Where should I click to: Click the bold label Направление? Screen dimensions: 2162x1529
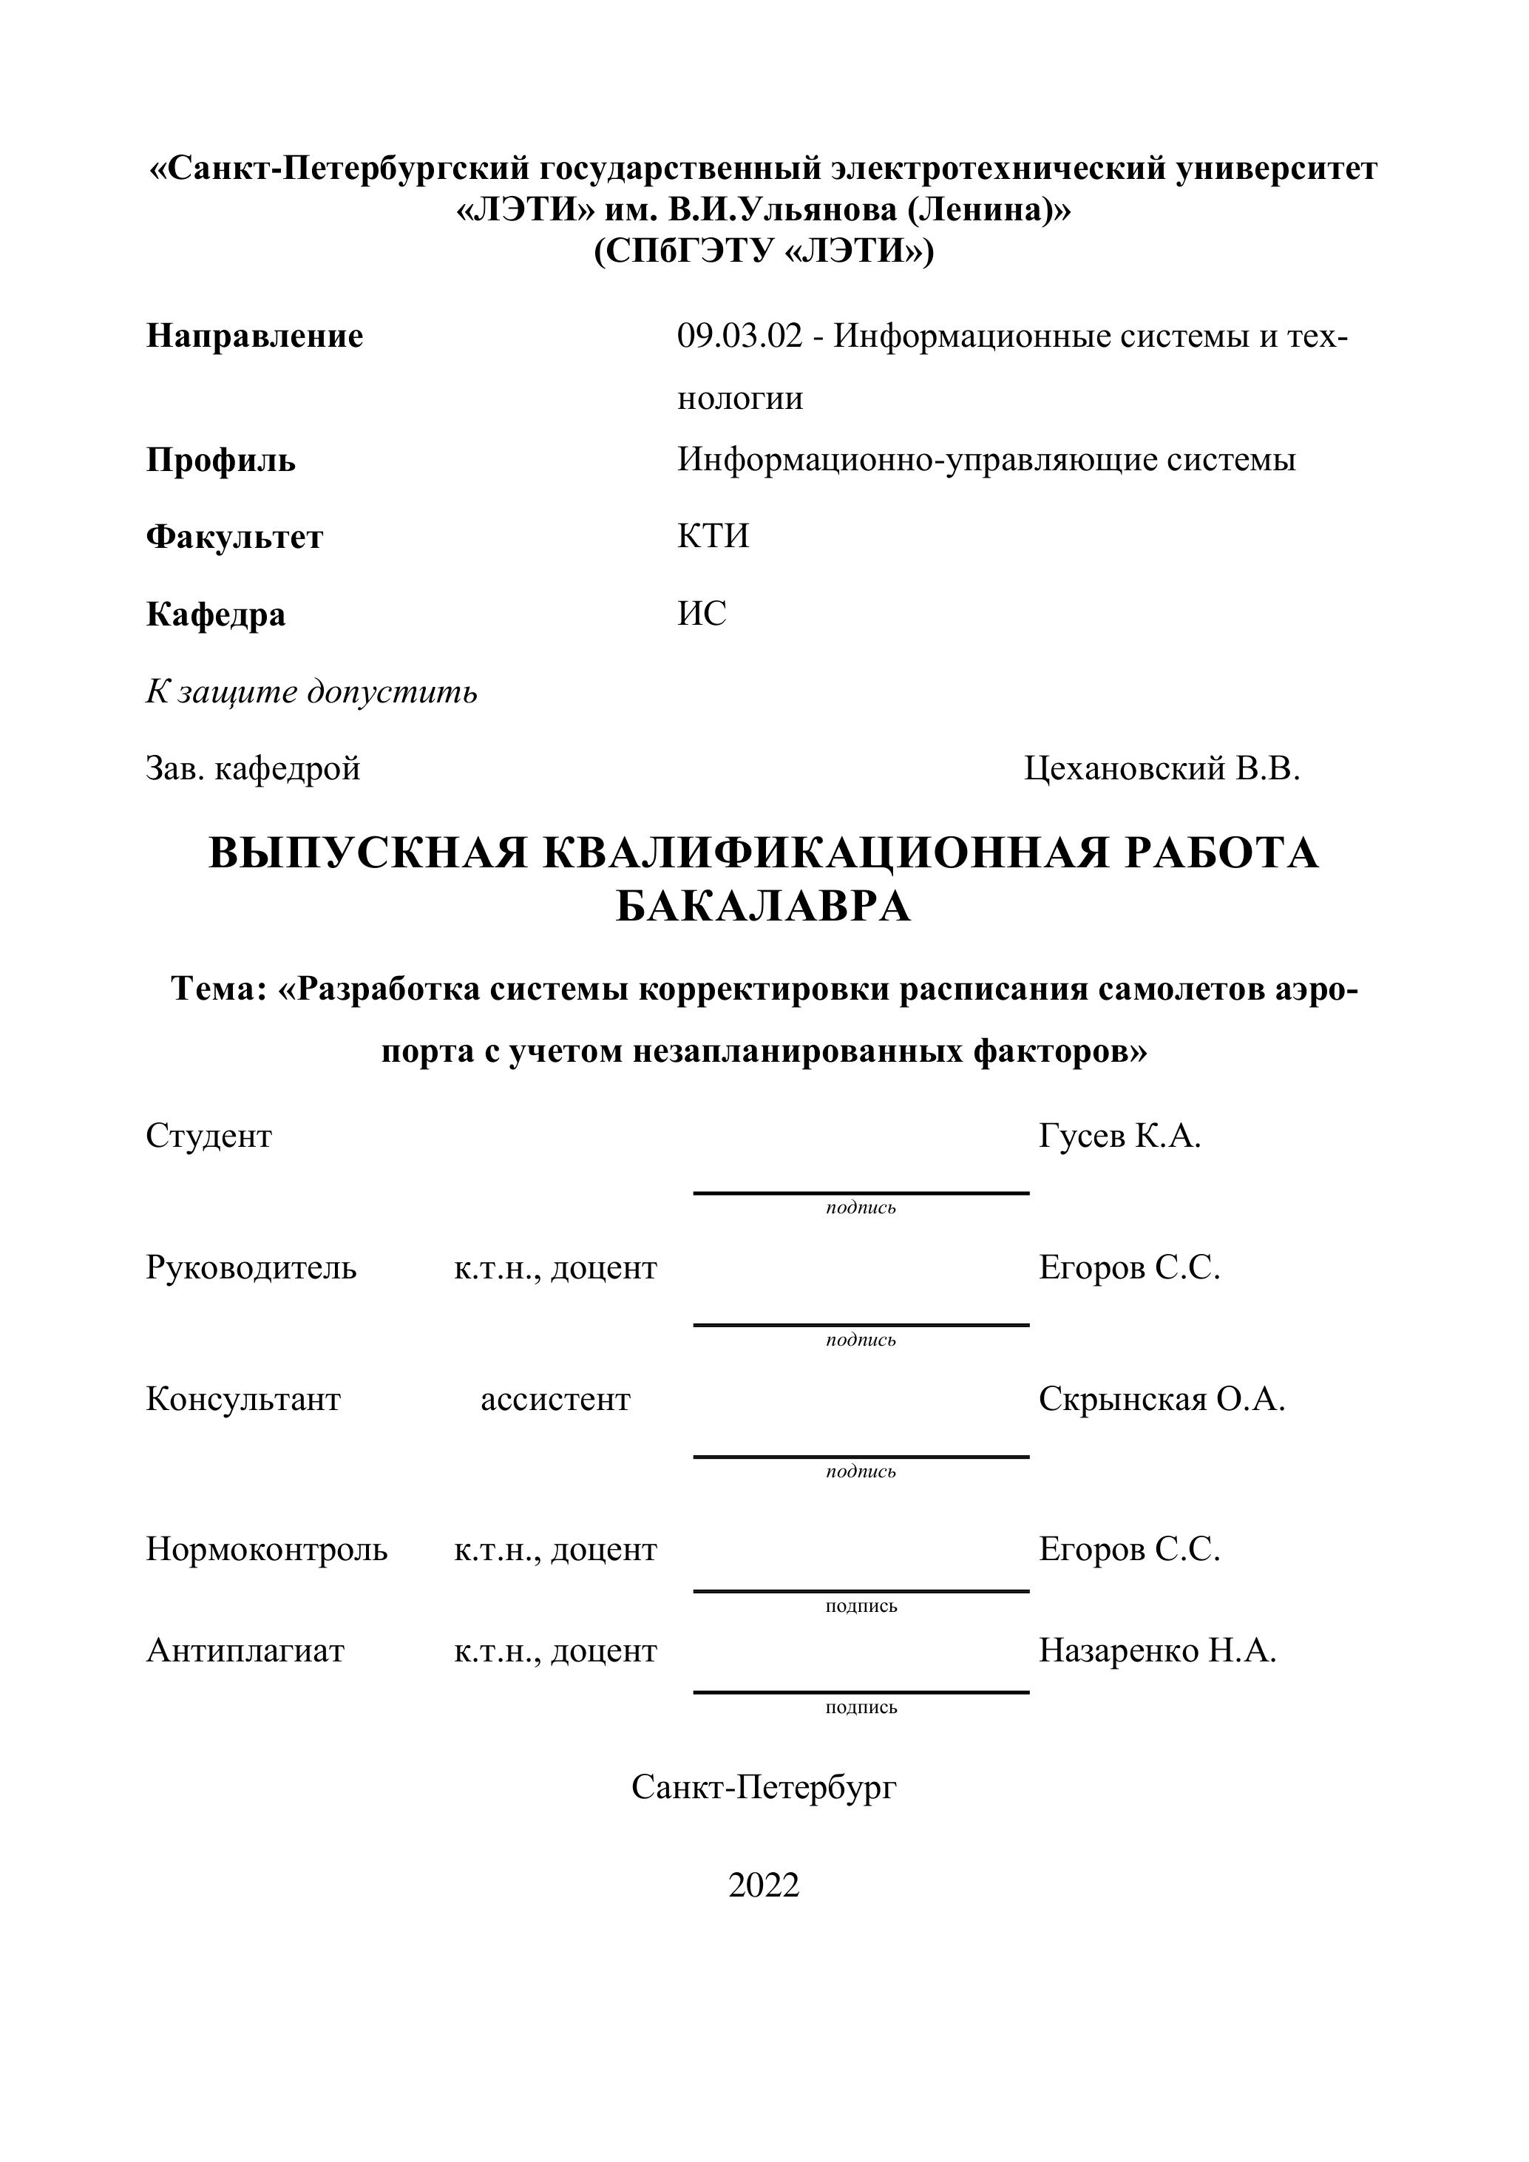(254, 336)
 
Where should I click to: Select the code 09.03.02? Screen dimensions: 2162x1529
(739, 336)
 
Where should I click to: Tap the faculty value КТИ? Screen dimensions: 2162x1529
(713, 536)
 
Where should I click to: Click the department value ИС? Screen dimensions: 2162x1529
(702, 613)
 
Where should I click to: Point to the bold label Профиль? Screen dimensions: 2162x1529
(220, 461)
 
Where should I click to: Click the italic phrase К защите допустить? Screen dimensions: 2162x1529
(311, 692)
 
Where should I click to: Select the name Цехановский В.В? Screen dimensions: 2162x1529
(1162, 769)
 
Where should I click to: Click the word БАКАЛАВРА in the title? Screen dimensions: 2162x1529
(764, 907)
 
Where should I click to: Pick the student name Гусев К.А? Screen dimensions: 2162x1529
(1119, 1136)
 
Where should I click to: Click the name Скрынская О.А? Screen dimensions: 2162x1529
(1161, 1400)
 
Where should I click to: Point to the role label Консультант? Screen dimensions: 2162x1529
(243, 1400)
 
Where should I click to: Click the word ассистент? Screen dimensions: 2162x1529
(555, 1400)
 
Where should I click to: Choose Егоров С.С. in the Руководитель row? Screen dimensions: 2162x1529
(1129, 1268)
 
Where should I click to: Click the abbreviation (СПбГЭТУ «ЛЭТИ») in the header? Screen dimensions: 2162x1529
(764, 251)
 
